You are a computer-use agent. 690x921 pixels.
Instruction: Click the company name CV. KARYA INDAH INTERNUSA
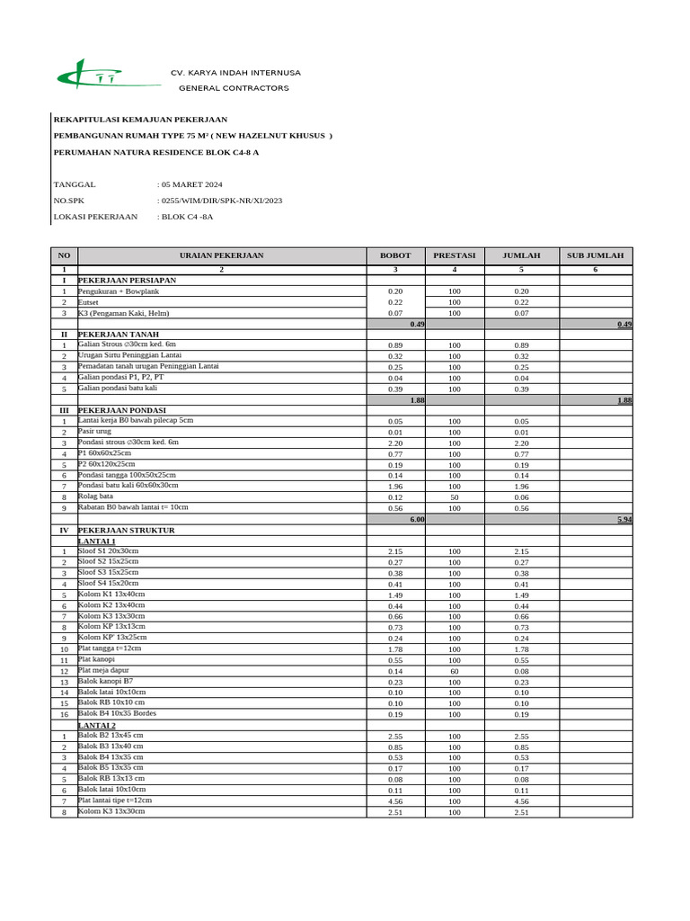click(235, 73)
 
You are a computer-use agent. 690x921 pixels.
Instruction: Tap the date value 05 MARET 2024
click(191, 184)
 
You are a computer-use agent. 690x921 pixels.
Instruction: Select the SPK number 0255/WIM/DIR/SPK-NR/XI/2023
click(221, 201)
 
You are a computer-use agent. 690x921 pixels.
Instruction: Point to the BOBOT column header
click(395, 255)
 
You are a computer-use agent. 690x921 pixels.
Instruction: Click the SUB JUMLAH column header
click(595, 255)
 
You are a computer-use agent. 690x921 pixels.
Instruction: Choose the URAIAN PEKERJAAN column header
click(222, 255)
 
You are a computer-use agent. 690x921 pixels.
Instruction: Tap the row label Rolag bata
click(95, 496)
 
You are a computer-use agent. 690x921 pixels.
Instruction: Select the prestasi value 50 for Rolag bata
click(455, 497)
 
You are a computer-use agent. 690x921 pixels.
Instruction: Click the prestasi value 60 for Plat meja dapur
click(455, 671)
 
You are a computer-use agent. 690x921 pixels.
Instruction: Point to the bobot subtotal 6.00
click(417, 519)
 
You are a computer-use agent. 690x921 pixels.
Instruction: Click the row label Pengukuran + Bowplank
click(116, 291)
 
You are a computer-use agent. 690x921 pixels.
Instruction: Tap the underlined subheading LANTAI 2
click(97, 725)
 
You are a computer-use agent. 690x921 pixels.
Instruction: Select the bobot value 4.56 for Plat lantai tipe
click(395, 801)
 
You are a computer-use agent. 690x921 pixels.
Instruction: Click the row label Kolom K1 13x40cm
click(111, 594)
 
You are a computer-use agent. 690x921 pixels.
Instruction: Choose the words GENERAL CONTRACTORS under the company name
click(234, 88)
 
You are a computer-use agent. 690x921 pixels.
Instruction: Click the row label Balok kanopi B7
click(105, 681)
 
